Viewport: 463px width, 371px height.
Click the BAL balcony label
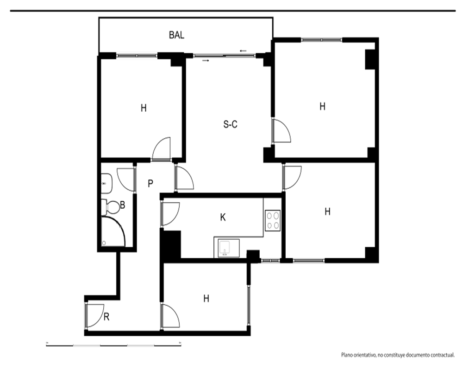pyautogui.click(x=176, y=35)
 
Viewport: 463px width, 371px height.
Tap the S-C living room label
pyautogui.click(x=230, y=124)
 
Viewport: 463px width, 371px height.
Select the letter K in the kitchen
pyautogui.click(x=223, y=217)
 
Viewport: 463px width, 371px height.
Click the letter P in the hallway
pyautogui.click(x=150, y=184)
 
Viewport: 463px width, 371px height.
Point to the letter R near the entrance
pyautogui.click(x=106, y=317)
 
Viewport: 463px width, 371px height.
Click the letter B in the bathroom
pyautogui.click(x=123, y=205)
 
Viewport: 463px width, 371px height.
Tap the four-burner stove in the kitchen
pyautogui.click(x=273, y=220)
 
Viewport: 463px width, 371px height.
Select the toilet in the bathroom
pyautogui.click(x=111, y=207)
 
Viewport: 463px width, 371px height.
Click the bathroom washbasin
pyautogui.click(x=106, y=184)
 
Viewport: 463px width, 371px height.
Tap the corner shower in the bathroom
pyautogui.click(x=113, y=231)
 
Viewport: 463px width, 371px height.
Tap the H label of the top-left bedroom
pyautogui.click(x=144, y=108)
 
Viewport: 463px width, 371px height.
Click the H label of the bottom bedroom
pyautogui.click(x=206, y=298)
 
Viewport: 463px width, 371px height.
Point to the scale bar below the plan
pyautogui.click(x=114, y=345)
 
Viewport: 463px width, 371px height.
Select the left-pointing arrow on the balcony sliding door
pyautogui.click(x=244, y=51)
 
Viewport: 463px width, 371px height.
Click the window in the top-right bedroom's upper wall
pyautogui.click(x=322, y=39)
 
